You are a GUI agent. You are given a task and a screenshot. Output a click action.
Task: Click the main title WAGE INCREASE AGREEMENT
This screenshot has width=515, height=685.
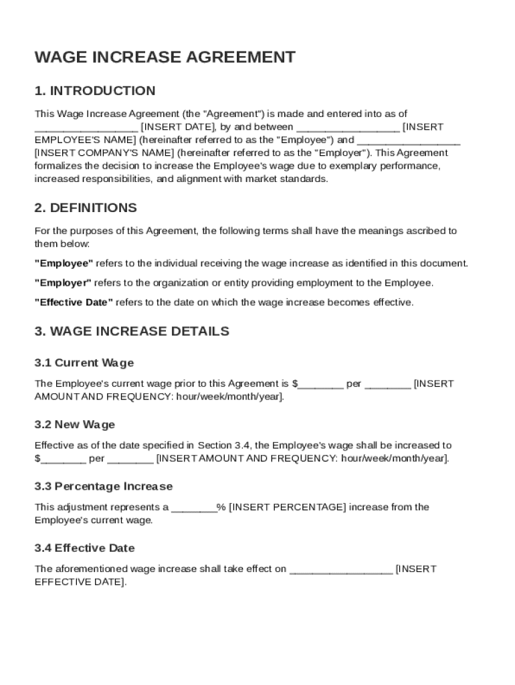point(165,58)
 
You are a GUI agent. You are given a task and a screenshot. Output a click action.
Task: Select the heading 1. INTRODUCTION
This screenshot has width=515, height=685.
point(95,91)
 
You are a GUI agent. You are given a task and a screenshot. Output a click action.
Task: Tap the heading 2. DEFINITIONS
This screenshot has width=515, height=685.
point(86,208)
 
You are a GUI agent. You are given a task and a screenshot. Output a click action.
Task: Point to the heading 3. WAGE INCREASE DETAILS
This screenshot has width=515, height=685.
point(132,331)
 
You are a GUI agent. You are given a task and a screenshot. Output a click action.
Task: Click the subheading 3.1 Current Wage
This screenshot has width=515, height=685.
point(84,363)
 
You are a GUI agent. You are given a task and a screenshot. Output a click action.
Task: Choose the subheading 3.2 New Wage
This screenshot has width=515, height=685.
point(75,425)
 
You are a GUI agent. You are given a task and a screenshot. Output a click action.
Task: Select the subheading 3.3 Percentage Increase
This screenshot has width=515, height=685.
point(104,486)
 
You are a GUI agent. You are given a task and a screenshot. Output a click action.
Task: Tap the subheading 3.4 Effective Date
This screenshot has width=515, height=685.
point(84,548)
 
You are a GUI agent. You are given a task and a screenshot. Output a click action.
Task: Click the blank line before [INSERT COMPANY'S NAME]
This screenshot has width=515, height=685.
point(409,141)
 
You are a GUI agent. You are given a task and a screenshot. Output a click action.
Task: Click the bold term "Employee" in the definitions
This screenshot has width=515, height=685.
point(64,264)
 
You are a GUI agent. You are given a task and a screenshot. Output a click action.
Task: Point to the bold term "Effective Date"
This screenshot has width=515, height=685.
point(74,302)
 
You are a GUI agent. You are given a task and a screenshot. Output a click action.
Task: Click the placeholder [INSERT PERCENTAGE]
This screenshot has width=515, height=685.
point(288,507)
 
